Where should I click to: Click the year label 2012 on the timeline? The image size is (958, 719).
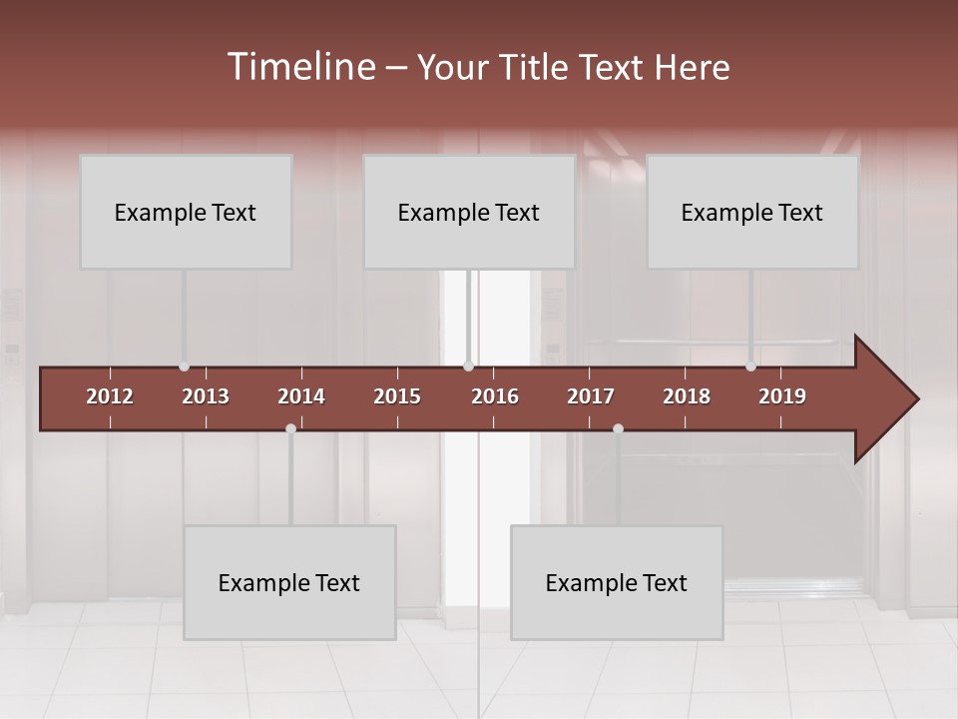pyautogui.click(x=110, y=396)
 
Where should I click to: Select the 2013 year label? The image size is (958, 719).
pyautogui.click(x=206, y=396)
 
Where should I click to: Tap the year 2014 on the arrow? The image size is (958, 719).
pyautogui.click(x=301, y=396)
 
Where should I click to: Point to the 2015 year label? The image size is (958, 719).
pyautogui.click(x=397, y=396)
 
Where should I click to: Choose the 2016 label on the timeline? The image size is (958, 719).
pyautogui.click(x=495, y=396)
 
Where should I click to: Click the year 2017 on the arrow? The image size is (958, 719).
pyautogui.click(x=591, y=396)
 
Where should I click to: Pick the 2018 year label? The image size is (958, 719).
pyautogui.click(x=687, y=396)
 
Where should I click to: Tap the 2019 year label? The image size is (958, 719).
pyautogui.click(x=782, y=396)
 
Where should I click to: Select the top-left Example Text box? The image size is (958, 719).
pyautogui.click(x=186, y=212)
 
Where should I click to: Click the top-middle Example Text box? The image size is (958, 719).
pyautogui.click(x=469, y=212)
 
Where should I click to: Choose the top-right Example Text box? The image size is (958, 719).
pyautogui.click(x=752, y=212)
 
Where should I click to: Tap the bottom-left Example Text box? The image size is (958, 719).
pyautogui.click(x=289, y=582)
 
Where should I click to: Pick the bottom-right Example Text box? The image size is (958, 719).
pyautogui.click(x=617, y=582)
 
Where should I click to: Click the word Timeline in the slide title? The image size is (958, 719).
pyautogui.click(x=300, y=67)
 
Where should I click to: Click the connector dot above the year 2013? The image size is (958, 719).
pyautogui.click(x=184, y=366)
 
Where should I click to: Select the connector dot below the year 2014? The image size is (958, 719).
pyautogui.click(x=290, y=428)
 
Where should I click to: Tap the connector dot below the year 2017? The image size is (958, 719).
pyautogui.click(x=618, y=428)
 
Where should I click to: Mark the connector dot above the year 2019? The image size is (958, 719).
pyautogui.click(x=750, y=366)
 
